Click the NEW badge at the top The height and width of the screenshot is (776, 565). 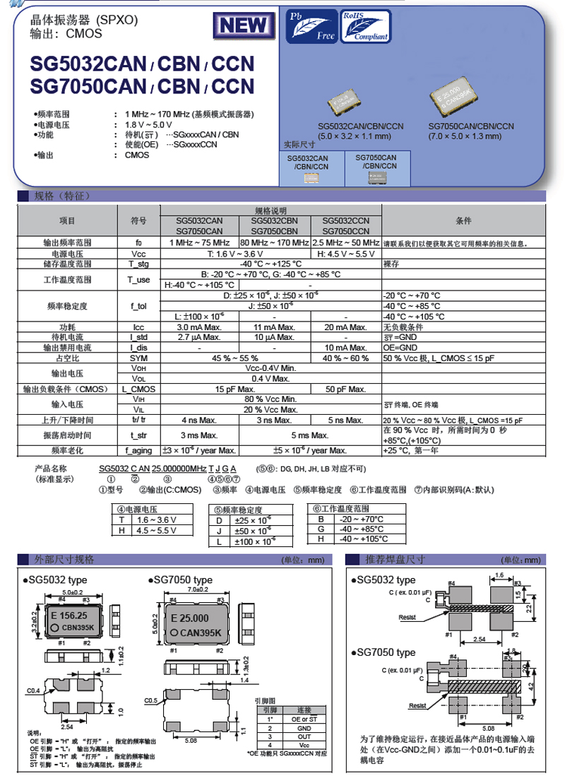click(244, 26)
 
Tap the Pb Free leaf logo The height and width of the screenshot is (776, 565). click(311, 25)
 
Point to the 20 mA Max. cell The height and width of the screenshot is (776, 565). click(346, 328)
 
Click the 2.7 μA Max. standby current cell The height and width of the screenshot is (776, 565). click(196, 338)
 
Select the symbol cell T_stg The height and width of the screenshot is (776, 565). click(139, 264)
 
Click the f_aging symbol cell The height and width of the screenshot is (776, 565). click(139, 450)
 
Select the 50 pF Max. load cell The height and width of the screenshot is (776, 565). click(346, 389)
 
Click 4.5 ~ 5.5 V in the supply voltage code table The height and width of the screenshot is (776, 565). click(155, 529)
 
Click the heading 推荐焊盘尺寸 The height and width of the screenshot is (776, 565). click(395, 559)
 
